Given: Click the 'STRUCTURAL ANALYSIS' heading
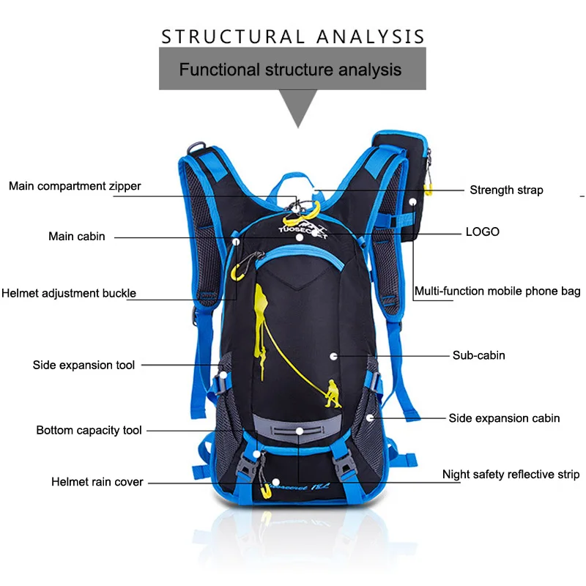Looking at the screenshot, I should point(293,37).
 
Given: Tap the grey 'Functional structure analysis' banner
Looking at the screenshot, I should point(291,70).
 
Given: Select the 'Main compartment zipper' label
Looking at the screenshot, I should point(75,186).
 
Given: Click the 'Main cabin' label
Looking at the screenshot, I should point(77,237).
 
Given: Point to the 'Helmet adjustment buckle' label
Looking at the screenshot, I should point(69,293).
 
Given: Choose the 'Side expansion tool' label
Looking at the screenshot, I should point(84,365).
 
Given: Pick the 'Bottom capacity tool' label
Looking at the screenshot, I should point(89,430).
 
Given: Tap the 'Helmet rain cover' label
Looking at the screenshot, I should point(97,482).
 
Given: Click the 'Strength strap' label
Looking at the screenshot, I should point(506,190).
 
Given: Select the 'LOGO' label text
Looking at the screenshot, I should point(483,231).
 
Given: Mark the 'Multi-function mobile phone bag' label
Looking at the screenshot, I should point(497,291).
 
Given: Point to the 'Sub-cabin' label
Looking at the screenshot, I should point(478,355).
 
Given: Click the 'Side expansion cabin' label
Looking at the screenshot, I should point(504,418).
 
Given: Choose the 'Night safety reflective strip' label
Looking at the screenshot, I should point(511,475).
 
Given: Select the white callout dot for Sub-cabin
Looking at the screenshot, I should point(334,355).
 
